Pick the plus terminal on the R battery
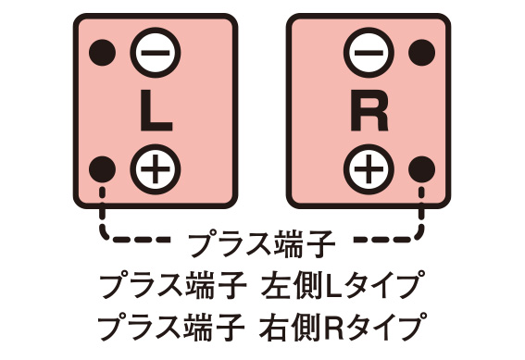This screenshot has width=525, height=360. pyautogui.click(x=369, y=168)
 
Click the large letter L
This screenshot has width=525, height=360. pyautogui.click(x=155, y=110)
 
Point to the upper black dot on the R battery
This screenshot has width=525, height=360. pyautogui.click(x=422, y=52)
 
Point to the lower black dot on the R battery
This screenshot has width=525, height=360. pyautogui.click(x=422, y=168)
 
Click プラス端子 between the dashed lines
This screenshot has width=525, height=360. pyautogui.click(x=261, y=244)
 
